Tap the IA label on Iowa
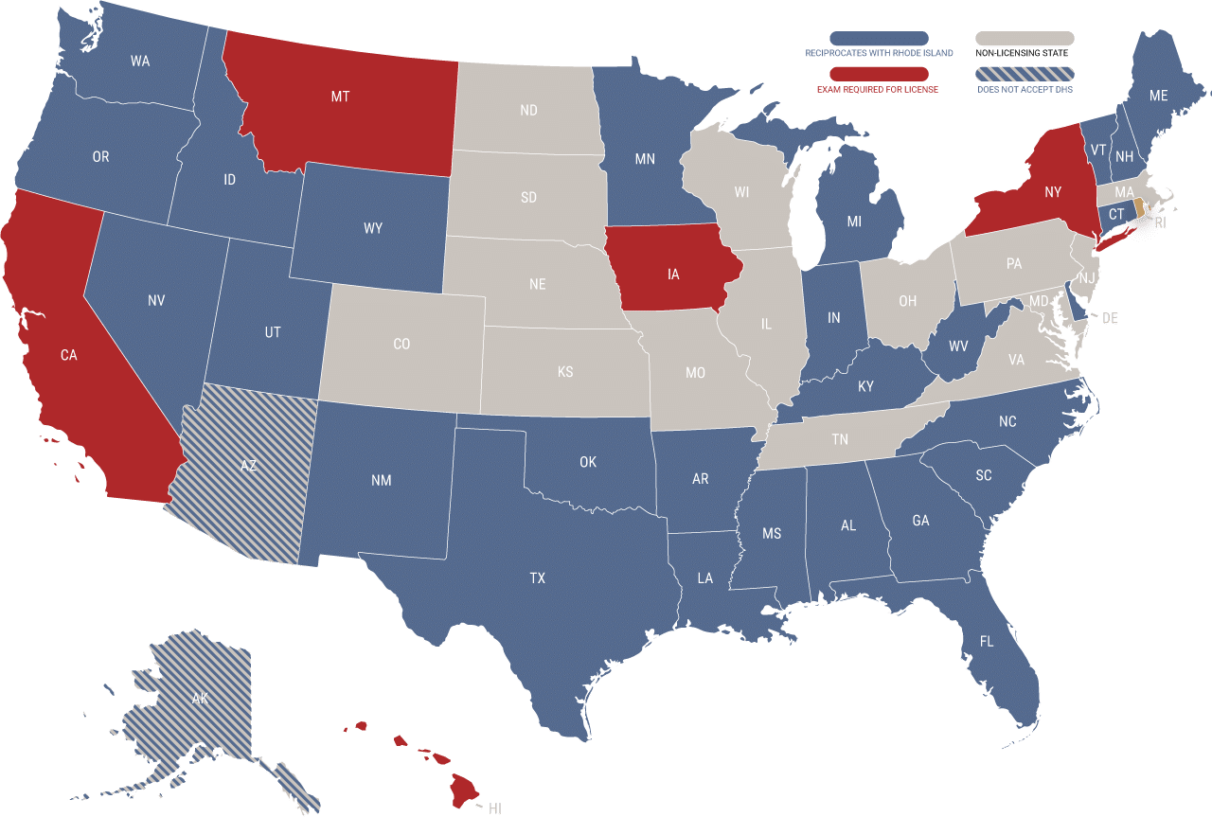(673, 275)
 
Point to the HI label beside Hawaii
(494, 808)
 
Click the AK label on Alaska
(200, 699)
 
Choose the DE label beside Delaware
(1110, 318)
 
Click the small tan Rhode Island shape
(1139, 207)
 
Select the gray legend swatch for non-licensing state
(1025, 38)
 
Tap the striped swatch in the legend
(1025, 74)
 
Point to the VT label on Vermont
(1098, 150)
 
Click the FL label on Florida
(987, 642)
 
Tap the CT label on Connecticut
(1116, 215)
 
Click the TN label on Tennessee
(839, 439)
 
